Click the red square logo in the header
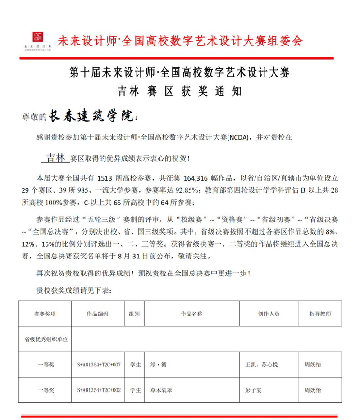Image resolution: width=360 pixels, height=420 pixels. pos(38,36)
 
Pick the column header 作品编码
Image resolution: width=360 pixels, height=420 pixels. pos(98,313)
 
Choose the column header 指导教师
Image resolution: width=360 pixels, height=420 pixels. pos(320,313)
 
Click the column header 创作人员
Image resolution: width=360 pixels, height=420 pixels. pos(269,313)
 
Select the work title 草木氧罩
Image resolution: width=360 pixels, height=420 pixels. pos(161,390)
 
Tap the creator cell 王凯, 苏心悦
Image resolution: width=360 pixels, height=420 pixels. pos(260,365)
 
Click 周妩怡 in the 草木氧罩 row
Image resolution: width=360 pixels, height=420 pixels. pos(313,390)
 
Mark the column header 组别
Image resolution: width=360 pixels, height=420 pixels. pos(134,313)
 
